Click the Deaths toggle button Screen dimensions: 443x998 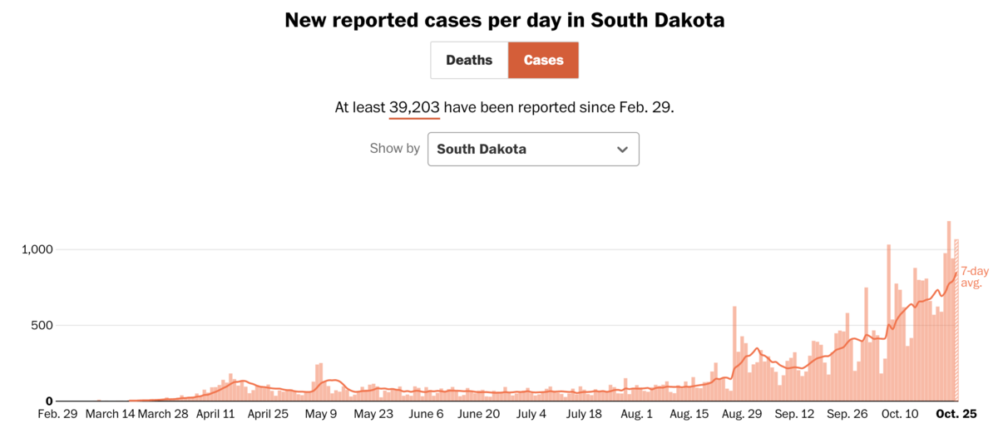(x=469, y=61)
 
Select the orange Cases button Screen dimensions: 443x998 (x=543, y=61)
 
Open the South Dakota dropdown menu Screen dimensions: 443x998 (x=533, y=150)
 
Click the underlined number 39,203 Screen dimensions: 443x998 (x=414, y=108)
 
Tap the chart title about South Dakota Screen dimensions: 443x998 (x=504, y=20)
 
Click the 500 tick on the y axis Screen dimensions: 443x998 (x=41, y=325)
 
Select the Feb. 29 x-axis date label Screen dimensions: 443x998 (x=58, y=414)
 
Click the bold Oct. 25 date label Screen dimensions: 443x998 (x=958, y=414)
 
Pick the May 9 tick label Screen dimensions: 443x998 (x=321, y=414)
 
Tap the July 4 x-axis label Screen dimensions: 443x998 (x=531, y=414)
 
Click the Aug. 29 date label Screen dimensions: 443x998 (x=741, y=414)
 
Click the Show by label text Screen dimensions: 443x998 (x=395, y=149)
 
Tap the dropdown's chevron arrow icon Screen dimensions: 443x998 (x=622, y=150)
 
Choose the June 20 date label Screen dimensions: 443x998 (x=479, y=414)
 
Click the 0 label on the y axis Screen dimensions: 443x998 (x=49, y=401)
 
